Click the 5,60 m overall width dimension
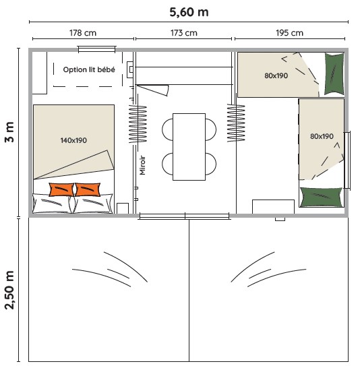[x=189, y=12]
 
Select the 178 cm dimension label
[x=83, y=33]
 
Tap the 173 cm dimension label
[x=184, y=33]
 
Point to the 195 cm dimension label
[x=289, y=33]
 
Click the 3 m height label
[x=9, y=132]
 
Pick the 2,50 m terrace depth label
[x=9, y=290]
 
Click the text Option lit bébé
[x=89, y=69]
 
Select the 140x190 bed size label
[x=73, y=140]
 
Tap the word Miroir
[x=142, y=165]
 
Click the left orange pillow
[x=61, y=189]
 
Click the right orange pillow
[x=88, y=189]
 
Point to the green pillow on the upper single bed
[x=334, y=73]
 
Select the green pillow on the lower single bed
[x=322, y=197]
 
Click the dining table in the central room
[x=189, y=147]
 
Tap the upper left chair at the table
[x=167, y=129]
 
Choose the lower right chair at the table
[x=211, y=164]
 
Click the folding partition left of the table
[x=138, y=124]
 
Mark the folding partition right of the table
[x=236, y=123]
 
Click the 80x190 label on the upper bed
[x=276, y=75]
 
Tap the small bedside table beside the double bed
[x=123, y=208]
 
